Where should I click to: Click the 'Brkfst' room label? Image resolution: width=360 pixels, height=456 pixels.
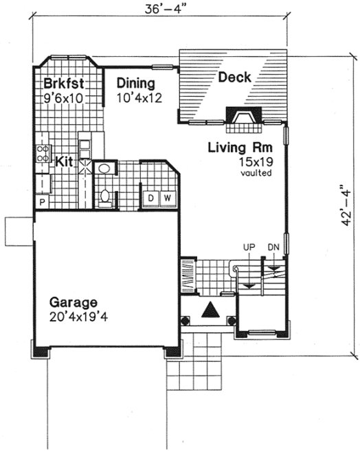click(x=63, y=84)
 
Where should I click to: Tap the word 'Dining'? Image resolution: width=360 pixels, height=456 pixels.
click(x=135, y=84)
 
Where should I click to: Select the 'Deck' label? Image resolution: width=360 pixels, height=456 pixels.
click(x=235, y=78)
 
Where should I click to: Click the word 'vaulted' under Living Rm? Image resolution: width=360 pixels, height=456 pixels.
click(x=255, y=173)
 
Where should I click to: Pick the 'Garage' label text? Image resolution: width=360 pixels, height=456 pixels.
click(x=73, y=302)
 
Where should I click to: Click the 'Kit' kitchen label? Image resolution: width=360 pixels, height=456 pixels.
click(x=65, y=161)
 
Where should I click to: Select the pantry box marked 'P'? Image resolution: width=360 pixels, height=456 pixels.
click(x=41, y=203)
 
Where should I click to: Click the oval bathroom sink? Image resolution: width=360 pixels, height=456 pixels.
click(x=104, y=168)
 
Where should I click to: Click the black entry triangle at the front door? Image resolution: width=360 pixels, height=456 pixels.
click(x=210, y=311)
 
